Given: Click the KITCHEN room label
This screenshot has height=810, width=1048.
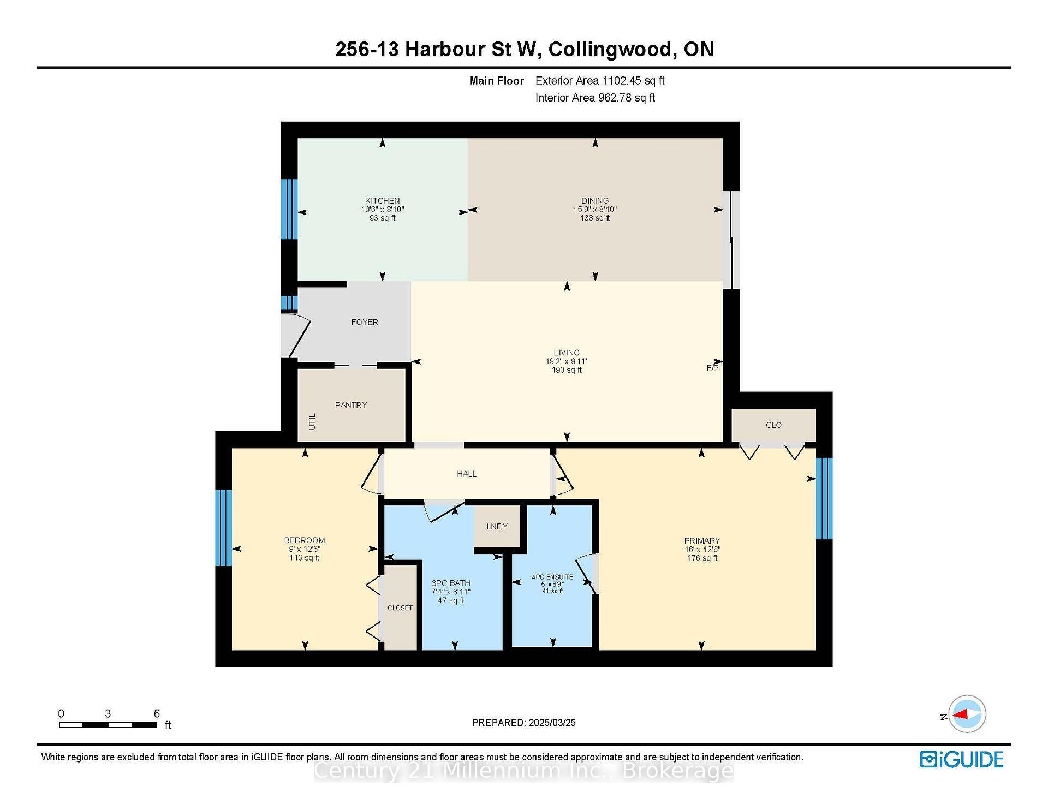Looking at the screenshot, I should [382, 201].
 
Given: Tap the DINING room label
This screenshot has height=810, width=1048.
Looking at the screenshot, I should [595, 201].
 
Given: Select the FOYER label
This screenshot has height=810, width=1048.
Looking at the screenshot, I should [365, 323].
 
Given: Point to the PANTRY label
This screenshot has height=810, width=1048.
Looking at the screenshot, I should [351, 405].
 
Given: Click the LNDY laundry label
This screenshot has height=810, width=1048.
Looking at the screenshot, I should [497, 527].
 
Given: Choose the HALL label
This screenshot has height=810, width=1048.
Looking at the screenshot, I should [467, 474].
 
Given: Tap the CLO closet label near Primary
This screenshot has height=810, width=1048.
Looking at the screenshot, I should [773, 425].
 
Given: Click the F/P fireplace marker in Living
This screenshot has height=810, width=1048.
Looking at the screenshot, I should [712, 368].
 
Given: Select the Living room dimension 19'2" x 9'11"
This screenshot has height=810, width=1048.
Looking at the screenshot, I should [567, 361].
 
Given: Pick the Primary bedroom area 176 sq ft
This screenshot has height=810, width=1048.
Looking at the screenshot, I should [702, 558].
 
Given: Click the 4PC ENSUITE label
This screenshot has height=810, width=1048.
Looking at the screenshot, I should [552, 577].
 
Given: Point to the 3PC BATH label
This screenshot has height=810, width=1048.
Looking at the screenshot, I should [451, 583].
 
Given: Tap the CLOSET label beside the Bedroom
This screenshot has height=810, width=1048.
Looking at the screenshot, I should [400, 608].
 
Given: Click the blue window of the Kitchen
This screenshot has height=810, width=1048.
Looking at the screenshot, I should [289, 209].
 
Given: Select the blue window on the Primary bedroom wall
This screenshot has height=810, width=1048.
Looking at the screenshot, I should [824, 498].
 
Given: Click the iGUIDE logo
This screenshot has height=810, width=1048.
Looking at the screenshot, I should [962, 760].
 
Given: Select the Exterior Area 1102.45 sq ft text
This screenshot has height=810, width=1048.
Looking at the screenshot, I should [600, 81].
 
